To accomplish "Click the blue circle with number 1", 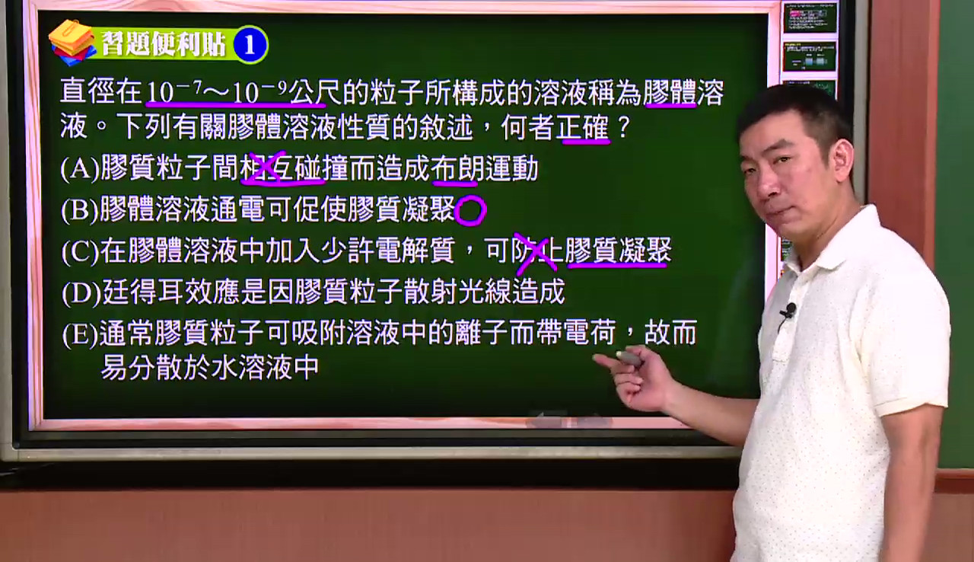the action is tap(250, 45).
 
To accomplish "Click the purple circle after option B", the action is tap(470, 210).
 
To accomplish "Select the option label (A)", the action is tap(80, 169).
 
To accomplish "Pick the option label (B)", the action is tap(80, 210).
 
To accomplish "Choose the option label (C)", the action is tap(81, 251).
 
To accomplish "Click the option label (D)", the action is tap(81, 292).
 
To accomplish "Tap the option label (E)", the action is tap(81, 334).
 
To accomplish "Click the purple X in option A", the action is tap(269, 168).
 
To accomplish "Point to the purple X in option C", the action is tap(535, 253).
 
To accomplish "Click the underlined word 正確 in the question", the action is tap(583, 128).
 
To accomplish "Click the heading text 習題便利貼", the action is tap(164, 44).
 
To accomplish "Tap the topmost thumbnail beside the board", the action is tap(810, 18).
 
